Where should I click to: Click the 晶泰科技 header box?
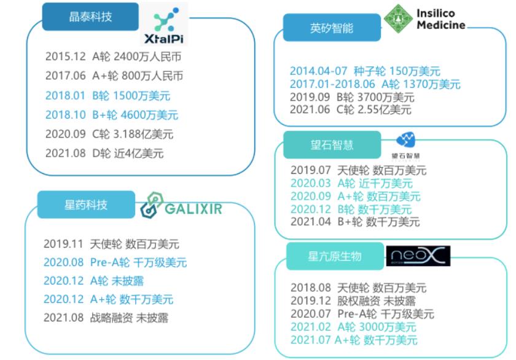pyautogui.click(x=90, y=17)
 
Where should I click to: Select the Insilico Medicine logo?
pyautogui.click(x=423, y=18)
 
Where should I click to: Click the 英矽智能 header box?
pyautogui.click(x=332, y=28)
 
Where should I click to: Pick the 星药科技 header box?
pyautogui.click(x=86, y=205)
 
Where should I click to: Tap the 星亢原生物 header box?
pyautogui.click(x=335, y=256)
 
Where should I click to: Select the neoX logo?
pyautogui.click(x=418, y=256)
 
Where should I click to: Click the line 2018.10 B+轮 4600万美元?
pyautogui.click(x=112, y=115)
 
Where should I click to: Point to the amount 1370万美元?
pyautogui.click(x=431, y=84)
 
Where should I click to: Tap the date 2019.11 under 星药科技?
pyautogui.click(x=61, y=244)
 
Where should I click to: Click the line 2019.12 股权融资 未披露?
pyautogui.click(x=353, y=301)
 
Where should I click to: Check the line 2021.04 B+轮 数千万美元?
pyautogui.click(x=355, y=222)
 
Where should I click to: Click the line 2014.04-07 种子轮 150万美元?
pyautogui.click(x=365, y=71)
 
